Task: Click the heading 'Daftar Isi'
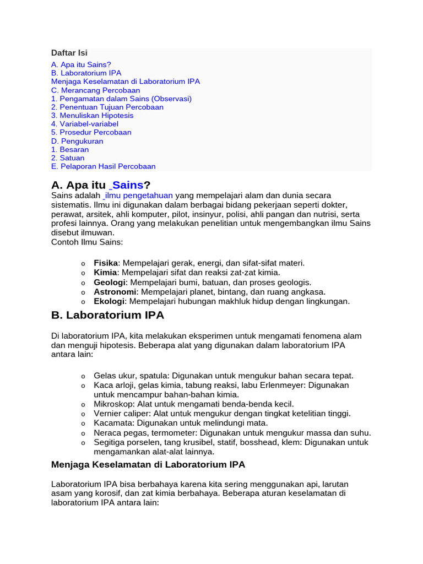click(x=69, y=53)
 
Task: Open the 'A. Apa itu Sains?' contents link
click(x=81, y=64)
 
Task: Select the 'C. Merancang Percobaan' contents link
click(x=96, y=90)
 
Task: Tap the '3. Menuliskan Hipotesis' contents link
click(x=92, y=116)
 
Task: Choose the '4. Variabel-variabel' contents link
click(x=85, y=124)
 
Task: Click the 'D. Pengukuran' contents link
click(x=77, y=141)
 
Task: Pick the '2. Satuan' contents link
click(x=68, y=158)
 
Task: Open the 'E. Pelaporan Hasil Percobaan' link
click(x=104, y=166)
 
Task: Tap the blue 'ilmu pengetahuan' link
click(x=139, y=196)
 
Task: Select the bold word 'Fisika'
click(x=106, y=263)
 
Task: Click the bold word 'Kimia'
click(x=105, y=273)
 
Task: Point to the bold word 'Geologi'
click(x=110, y=283)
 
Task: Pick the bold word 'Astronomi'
click(x=115, y=292)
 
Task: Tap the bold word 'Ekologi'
click(x=110, y=302)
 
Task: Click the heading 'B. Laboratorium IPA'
click(x=107, y=316)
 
